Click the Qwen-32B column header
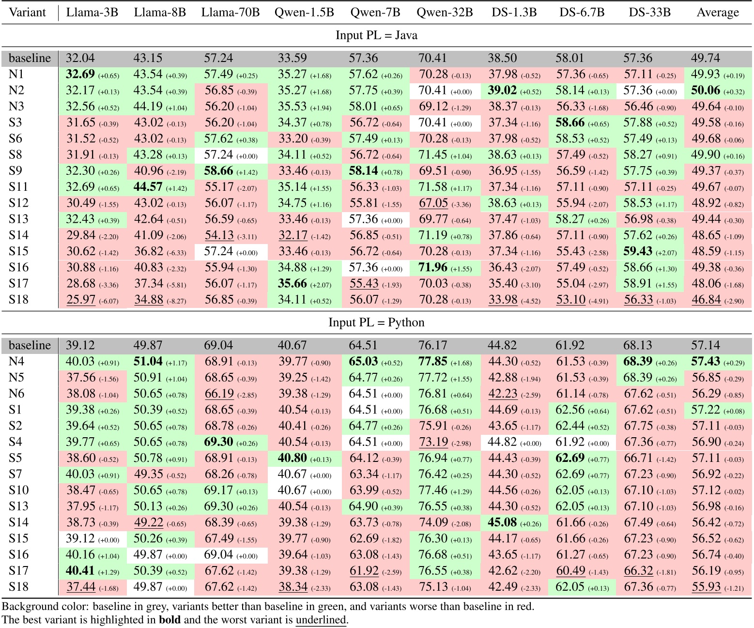(x=444, y=12)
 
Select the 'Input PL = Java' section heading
(x=376, y=35)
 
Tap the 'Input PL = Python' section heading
(x=376, y=322)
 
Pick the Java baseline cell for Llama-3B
(x=80, y=58)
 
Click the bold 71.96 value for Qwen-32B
(x=432, y=267)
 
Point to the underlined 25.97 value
(x=81, y=299)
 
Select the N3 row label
(x=16, y=107)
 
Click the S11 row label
(x=18, y=187)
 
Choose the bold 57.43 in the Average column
(x=706, y=361)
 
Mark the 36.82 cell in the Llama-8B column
(x=148, y=251)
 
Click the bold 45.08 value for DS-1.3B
(x=502, y=522)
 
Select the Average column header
(x=717, y=12)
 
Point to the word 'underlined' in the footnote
(x=321, y=620)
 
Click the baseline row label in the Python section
(x=30, y=345)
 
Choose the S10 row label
(x=18, y=490)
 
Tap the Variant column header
(x=28, y=12)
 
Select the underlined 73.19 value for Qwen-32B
(x=432, y=442)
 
